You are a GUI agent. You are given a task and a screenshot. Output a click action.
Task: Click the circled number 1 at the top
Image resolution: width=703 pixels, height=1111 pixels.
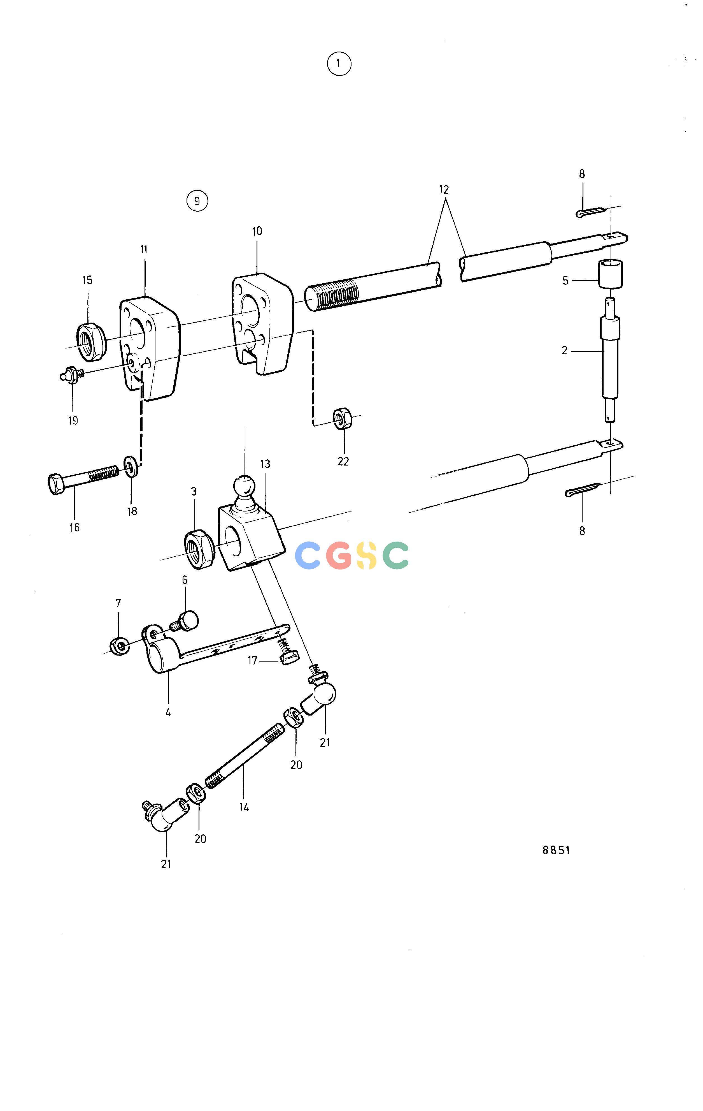click(x=339, y=64)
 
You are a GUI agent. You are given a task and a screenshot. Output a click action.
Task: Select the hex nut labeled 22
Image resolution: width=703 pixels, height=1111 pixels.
click(x=343, y=418)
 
